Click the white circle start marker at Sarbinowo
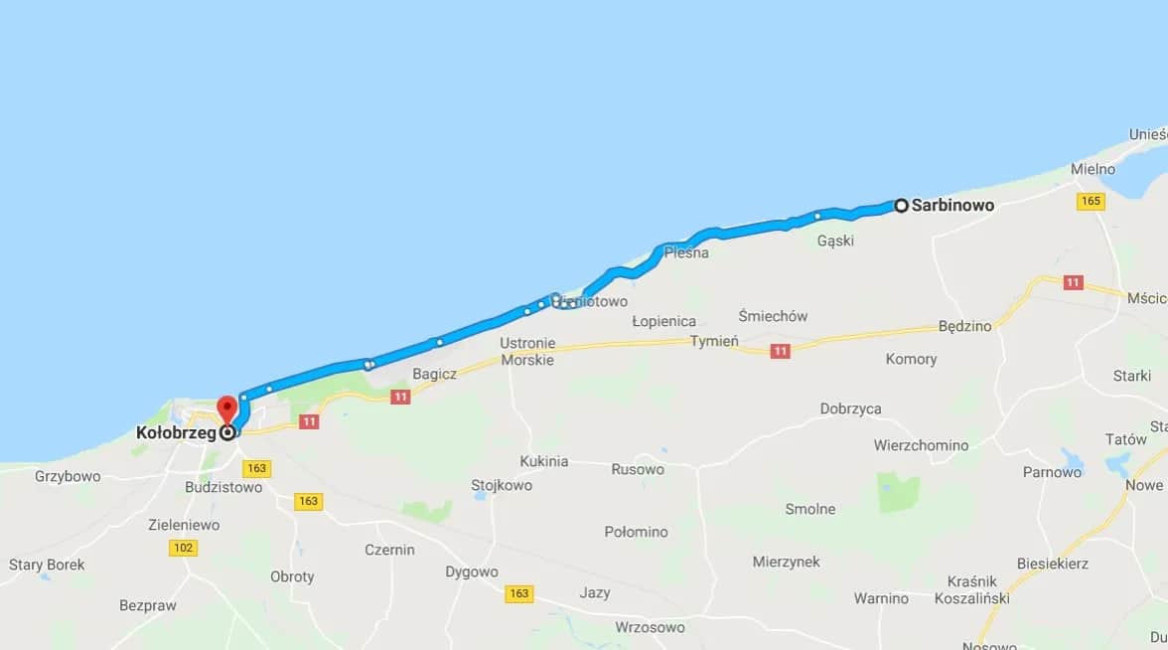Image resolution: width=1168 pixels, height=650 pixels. tap(901, 206)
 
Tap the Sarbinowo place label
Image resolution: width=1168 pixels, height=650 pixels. tap(952, 206)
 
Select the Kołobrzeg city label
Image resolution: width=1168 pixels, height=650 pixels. tap(176, 433)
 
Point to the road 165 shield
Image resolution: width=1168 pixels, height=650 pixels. tap(1092, 202)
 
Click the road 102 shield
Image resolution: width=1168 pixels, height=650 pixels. tap(184, 548)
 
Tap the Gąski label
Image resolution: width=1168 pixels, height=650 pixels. tap(835, 241)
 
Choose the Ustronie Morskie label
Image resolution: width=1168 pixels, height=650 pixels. tap(526, 351)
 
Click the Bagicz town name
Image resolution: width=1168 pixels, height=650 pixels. tap(435, 373)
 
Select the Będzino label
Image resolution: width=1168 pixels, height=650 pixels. tap(964, 326)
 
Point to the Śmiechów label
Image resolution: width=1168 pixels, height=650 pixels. tap(773, 316)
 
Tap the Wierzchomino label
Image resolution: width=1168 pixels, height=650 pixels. tap(921, 445)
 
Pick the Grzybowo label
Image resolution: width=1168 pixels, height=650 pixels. tap(68, 476)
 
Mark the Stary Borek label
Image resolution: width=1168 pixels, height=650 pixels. tap(47, 565)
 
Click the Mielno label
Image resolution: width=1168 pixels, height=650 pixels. tap(1094, 169)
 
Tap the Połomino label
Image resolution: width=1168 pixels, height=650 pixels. tap(636, 532)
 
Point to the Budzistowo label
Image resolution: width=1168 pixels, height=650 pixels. tap(223, 487)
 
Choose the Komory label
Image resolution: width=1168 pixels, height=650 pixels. tap(911, 359)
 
